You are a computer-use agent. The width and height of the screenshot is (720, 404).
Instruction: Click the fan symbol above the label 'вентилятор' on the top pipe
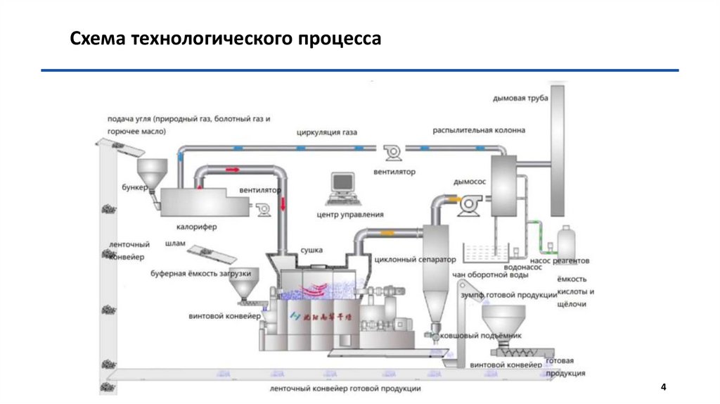click(x=390, y=151)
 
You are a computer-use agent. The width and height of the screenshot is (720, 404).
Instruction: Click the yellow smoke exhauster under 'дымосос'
click(x=466, y=205)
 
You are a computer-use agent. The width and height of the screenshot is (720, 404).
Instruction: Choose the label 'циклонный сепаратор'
click(x=411, y=259)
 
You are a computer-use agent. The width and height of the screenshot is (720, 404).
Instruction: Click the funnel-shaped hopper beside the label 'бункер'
click(x=150, y=171)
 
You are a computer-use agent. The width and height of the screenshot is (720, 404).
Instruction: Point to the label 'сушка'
click(x=311, y=249)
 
